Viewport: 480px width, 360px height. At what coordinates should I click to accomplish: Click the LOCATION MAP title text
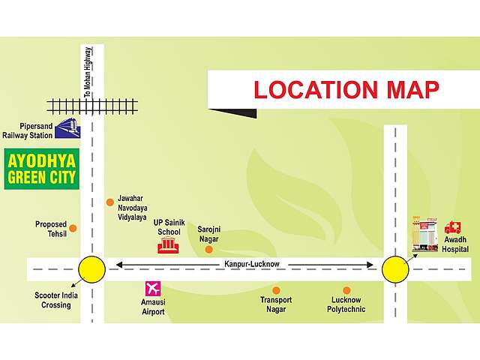[x=346, y=89]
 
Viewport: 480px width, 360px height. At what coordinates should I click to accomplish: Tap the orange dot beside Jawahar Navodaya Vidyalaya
[x=109, y=202]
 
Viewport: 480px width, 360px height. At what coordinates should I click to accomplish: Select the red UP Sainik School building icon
[x=169, y=245]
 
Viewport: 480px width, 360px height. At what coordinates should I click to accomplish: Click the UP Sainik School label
[x=167, y=227]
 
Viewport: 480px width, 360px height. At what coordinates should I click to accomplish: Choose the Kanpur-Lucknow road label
[x=251, y=264]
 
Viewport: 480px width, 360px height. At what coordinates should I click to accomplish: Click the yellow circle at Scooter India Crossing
[x=92, y=268]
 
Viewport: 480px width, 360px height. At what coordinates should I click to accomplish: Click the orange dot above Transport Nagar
[x=276, y=289]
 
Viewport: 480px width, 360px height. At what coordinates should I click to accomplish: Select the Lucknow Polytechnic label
[x=346, y=304]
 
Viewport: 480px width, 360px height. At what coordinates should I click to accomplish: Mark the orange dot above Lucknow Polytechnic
[x=346, y=289]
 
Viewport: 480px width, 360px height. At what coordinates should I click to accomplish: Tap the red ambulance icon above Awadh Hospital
[x=453, y=227]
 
